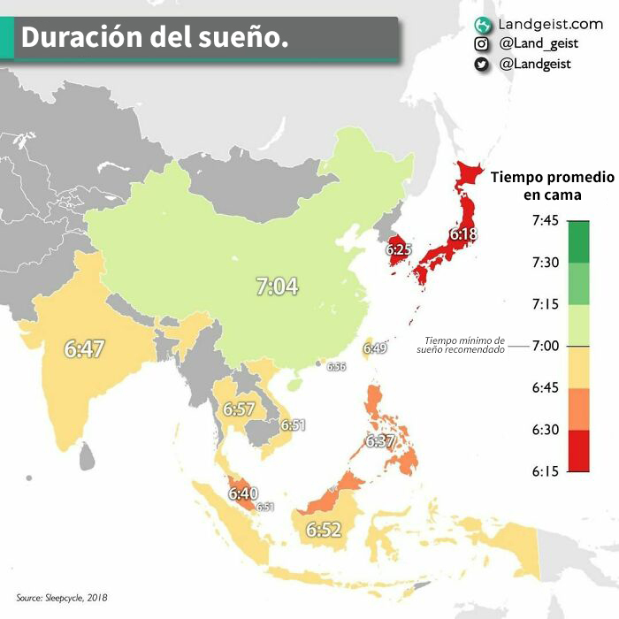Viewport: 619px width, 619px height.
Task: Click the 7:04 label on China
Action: [x=277, y=287]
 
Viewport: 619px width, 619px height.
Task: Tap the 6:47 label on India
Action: [x=84, y=348]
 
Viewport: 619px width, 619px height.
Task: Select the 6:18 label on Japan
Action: [x=462, y=234]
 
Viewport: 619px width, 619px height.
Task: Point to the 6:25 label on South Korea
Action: [x=399, y=250]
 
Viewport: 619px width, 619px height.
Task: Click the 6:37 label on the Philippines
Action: [x=379, y=440]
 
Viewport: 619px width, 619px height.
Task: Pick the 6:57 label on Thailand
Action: [x=239, y=409]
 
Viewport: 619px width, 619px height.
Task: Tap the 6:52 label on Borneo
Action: [x=323, y=530]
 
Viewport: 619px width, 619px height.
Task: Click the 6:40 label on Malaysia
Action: [x=242, y=493]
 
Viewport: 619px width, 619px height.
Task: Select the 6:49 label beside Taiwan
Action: [x=375, y=348]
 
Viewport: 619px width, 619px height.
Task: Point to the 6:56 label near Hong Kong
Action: [x=336, y=366]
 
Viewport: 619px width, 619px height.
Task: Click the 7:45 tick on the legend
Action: [x=546, y=220]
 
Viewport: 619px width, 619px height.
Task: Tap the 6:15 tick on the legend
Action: [x=546, y=471]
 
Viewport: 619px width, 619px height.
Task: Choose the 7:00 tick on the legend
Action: [x=546, y=346]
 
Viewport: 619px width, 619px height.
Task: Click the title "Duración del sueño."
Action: [x=154, y=39]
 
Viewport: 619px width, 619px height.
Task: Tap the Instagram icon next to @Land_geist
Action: [x=482, y=43]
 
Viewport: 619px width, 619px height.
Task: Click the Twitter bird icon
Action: [x=482, y=64]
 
